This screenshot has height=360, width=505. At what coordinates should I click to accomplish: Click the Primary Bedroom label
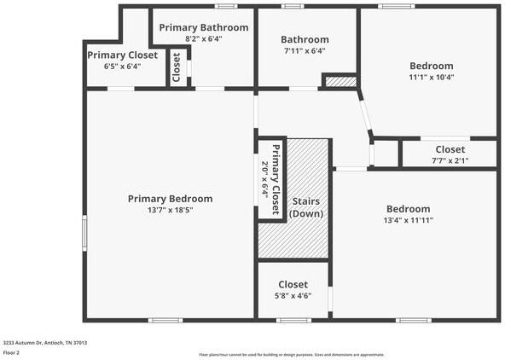tap(170, 199)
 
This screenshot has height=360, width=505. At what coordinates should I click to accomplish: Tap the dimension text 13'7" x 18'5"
tap(170, 210)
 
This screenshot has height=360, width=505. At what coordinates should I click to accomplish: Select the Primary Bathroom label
tap(204, 27)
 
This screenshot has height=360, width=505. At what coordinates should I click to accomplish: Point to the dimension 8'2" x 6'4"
tap(204, 38)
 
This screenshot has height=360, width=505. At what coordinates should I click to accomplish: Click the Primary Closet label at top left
tap(122, 55)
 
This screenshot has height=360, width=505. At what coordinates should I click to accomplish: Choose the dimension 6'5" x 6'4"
tap(122, 66)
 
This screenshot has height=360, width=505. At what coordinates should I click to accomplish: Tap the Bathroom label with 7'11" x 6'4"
tap(305, 39)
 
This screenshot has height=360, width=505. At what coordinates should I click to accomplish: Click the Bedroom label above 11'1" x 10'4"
tap(432, 66)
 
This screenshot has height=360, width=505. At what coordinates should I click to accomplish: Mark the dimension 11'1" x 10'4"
tap(432, 77)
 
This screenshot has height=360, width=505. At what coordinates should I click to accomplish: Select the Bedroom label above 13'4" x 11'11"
tap(409, 209)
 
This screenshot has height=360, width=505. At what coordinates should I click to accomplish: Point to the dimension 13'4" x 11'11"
tap(409, 220)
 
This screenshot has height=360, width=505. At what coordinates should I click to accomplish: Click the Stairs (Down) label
tap(305, 206)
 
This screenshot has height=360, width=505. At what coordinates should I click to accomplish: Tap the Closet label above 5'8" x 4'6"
tap(293, 284)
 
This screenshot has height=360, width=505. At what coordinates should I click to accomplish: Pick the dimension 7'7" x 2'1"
tap(450, 160)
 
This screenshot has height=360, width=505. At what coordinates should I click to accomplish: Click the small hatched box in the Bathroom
tap(339, 82)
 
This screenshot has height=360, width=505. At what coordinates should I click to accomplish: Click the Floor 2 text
tap(12, 351)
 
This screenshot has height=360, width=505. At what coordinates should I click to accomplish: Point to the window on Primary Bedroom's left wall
tap(84, 233)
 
